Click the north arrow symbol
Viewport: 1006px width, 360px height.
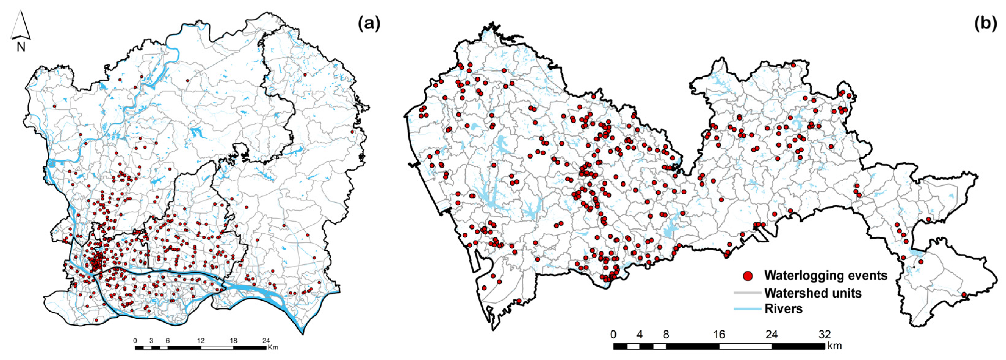[x=20, y=25]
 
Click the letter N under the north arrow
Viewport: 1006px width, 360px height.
[x=21, y=47]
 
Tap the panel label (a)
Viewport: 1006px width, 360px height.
[x=369, y=24]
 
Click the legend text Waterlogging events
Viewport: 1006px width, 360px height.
[x=825, y=275]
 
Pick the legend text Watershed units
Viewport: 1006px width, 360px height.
[x=813, y=293]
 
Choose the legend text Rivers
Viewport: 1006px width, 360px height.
[x=783, y=309]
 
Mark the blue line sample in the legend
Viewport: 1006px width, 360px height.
[x=748, y=309]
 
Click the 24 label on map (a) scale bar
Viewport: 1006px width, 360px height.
[x=266, y=340]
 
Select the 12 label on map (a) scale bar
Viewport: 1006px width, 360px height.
[x=200, y=340]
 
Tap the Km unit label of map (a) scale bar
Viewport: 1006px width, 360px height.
[x=273, y=347]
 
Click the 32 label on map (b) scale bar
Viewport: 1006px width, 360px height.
[x=824, y=335]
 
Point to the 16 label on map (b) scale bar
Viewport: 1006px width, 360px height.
[x=719, y=335]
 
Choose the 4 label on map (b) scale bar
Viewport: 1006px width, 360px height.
[x=639, y=335]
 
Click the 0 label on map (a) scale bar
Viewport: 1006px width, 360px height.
[x=135, y=340]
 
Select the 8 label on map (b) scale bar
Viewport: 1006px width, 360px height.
[x=666, y=335]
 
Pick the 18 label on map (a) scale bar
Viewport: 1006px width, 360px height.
[x=233, y=340]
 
